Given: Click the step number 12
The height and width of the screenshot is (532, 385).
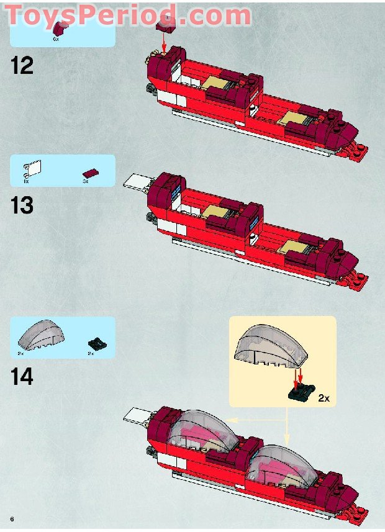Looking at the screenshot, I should pyautogui.click(x=22, y=65).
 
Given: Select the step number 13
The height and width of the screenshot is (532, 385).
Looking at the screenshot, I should pyautogui.click(x=22, y=205).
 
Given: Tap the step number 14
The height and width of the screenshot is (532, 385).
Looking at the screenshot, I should pyautogui.click(x=22, y=376).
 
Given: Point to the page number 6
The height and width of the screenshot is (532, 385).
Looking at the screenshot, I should pyautogui.click(x=11, y=518).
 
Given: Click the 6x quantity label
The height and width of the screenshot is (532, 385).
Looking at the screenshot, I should pyautogui.click(x=55, y=39).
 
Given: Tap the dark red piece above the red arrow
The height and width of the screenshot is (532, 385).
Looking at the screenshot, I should pyautogui.click(x=165, y=24).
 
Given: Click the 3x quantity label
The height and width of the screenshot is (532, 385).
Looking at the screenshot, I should pyautogui.click(x=86, y=181).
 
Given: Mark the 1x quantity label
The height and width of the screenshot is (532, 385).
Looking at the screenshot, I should pyautogui.click(x=26, y=181).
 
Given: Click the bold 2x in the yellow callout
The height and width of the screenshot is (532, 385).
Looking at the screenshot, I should pyautogui.click(x=324, y=397).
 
